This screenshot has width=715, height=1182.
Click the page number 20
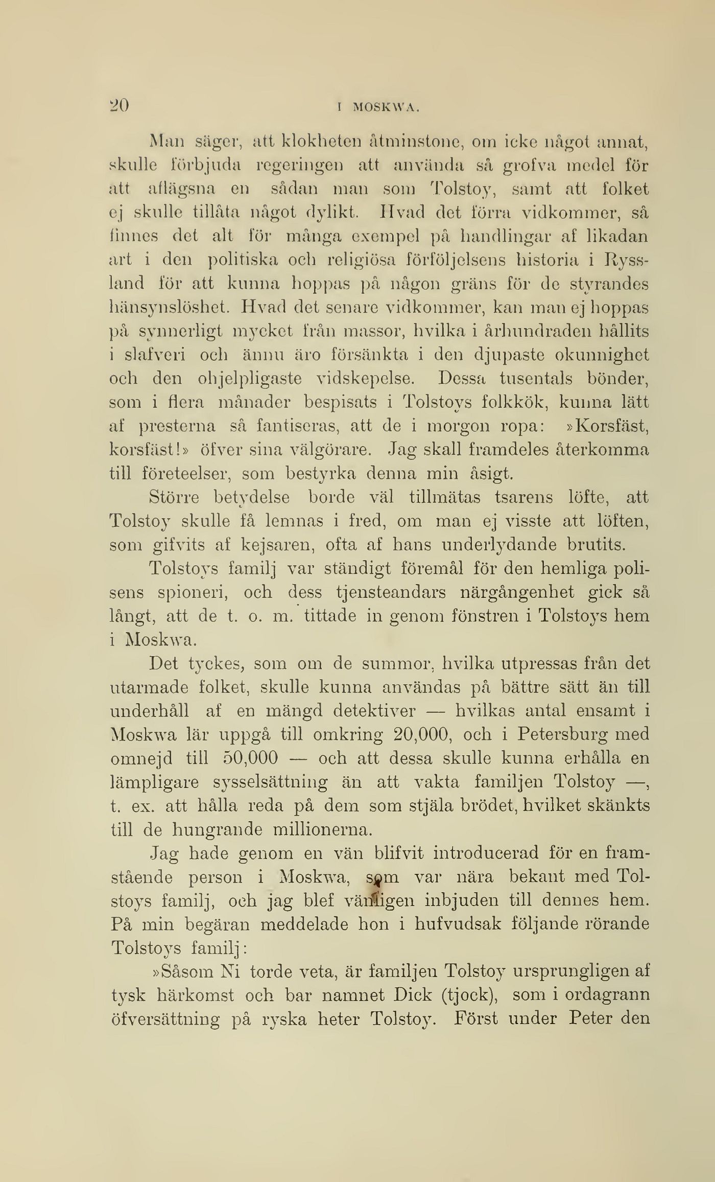[x=119, y=105]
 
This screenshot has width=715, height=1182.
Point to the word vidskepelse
[x=366, y=379]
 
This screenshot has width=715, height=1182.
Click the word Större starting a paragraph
[x=174, y=497]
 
